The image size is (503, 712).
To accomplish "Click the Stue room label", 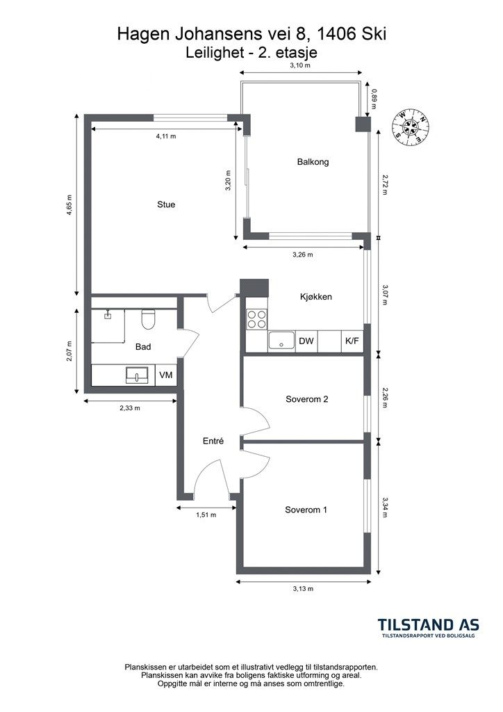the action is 166,204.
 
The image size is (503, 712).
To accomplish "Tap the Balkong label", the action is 313,161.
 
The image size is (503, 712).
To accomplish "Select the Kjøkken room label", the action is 316,296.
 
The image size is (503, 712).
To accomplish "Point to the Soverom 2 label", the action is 306,399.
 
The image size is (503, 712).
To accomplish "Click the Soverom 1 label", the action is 306,510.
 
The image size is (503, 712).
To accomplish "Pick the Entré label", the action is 213,441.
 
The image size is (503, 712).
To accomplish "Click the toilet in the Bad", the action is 148,318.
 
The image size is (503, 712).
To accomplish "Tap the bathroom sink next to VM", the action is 137,375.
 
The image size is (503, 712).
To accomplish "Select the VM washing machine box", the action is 166,375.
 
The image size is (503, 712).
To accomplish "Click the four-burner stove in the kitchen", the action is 257,318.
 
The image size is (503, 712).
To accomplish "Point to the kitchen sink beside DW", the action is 281,341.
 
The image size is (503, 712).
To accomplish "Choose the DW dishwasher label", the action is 306,341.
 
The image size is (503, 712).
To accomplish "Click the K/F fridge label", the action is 352,341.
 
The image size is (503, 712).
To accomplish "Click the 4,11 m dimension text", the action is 166,136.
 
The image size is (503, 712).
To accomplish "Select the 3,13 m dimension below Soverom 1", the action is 303,588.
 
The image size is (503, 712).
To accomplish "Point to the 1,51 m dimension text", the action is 206,515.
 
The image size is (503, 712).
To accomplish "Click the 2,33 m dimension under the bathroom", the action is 130,407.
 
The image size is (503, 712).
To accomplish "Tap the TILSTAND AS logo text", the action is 429,625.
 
